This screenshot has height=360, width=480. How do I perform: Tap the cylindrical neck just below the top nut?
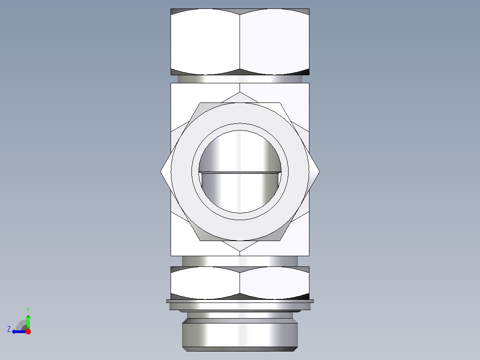[x=240, y=79]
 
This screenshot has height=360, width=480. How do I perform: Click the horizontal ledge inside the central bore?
[x=240, y=172]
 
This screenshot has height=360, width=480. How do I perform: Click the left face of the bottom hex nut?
[x=205, y=283]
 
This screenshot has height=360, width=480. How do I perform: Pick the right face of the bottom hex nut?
[x=274, y=283]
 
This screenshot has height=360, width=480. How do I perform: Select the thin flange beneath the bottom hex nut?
[x=240, y=302]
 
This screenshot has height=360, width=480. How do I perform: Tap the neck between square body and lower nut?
[x=240, y=261]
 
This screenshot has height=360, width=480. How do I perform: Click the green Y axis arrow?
[x=28, y=321]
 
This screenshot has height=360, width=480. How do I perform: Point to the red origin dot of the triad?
[x=28, y=331]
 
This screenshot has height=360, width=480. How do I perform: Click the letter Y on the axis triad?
[x=28, y=309]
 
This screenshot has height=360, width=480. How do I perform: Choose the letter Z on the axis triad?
[x=9, y=329]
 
